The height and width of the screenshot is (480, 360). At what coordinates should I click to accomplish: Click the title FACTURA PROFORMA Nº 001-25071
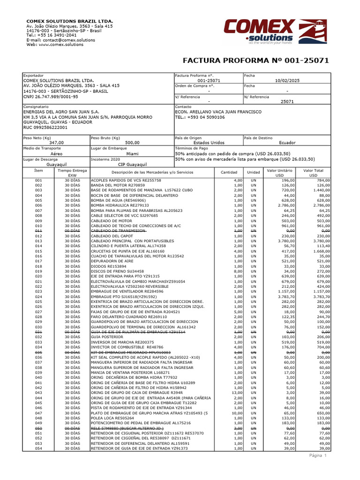click(255, 60)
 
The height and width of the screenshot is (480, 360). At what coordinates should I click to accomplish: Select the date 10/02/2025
click(286, 81)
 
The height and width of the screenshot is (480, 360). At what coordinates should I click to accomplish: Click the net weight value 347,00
click(56, 142)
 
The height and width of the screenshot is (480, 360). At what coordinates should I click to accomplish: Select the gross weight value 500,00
click(132, 142)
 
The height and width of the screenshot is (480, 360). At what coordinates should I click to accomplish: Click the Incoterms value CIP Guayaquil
click(132, 165)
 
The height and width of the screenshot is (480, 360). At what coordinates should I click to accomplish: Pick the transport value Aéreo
click(56, 153)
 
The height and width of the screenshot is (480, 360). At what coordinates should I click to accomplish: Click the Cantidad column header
click(229, 172)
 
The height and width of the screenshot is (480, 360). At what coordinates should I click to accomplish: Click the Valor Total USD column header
click(313, 173)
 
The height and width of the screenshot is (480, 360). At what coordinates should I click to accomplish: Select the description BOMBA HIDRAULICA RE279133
click(120, 205)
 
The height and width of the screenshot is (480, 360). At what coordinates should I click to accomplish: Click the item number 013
click(38, 241)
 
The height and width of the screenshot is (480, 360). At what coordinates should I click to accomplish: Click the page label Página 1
click(317, 455)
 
